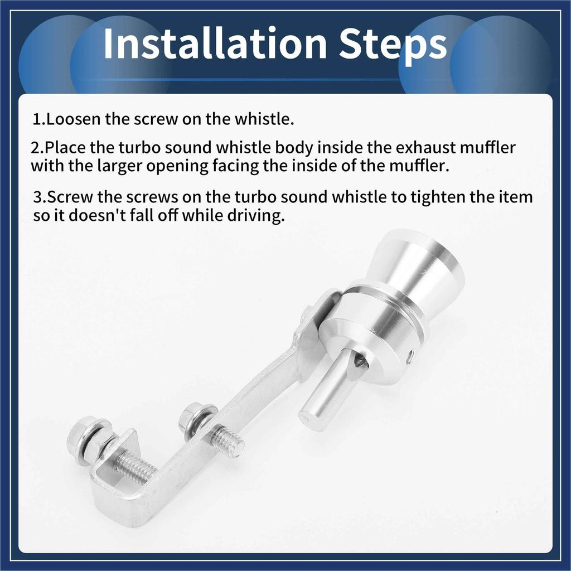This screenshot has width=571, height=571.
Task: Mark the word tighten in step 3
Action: pyautogui.click(x=433, y=197)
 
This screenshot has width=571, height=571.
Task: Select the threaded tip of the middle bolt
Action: pyautogui.click(x=229, y=442)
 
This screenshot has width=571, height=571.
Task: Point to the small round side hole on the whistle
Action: pyautogui.click(x=411, y=355)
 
